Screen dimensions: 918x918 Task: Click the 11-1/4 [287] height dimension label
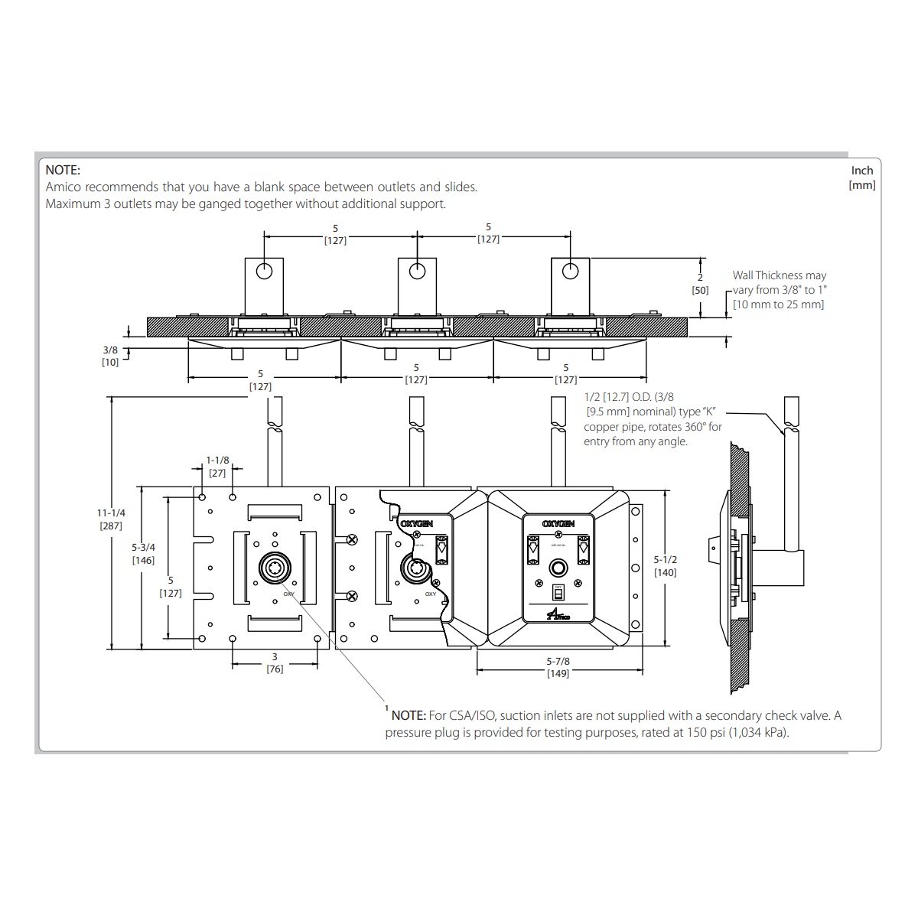point(112,519)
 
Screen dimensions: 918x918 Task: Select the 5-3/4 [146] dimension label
point(143,554)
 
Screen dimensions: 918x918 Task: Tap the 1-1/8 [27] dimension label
point(217,467)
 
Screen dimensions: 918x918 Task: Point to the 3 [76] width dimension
point(275,663)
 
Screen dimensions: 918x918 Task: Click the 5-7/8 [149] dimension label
point(558,667)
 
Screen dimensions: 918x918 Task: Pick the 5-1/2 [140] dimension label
point(665,566)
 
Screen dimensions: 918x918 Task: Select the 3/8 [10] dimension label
point(110,356)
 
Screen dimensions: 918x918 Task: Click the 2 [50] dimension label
point(699,284)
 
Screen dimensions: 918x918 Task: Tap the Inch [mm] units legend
point(862,177)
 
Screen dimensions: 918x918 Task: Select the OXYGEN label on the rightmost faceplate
point(558,523)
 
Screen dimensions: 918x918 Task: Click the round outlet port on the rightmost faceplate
point(558,568)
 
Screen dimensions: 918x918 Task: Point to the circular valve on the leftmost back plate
point(275,568)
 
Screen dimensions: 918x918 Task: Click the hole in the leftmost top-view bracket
point(264,271)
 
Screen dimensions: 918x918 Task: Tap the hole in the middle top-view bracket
point(417,271)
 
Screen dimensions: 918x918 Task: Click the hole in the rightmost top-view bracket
point(570,271)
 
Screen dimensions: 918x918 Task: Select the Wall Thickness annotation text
point(779,289)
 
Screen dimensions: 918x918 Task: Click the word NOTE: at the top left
point(63,170)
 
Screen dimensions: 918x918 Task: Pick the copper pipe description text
point(652,419)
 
